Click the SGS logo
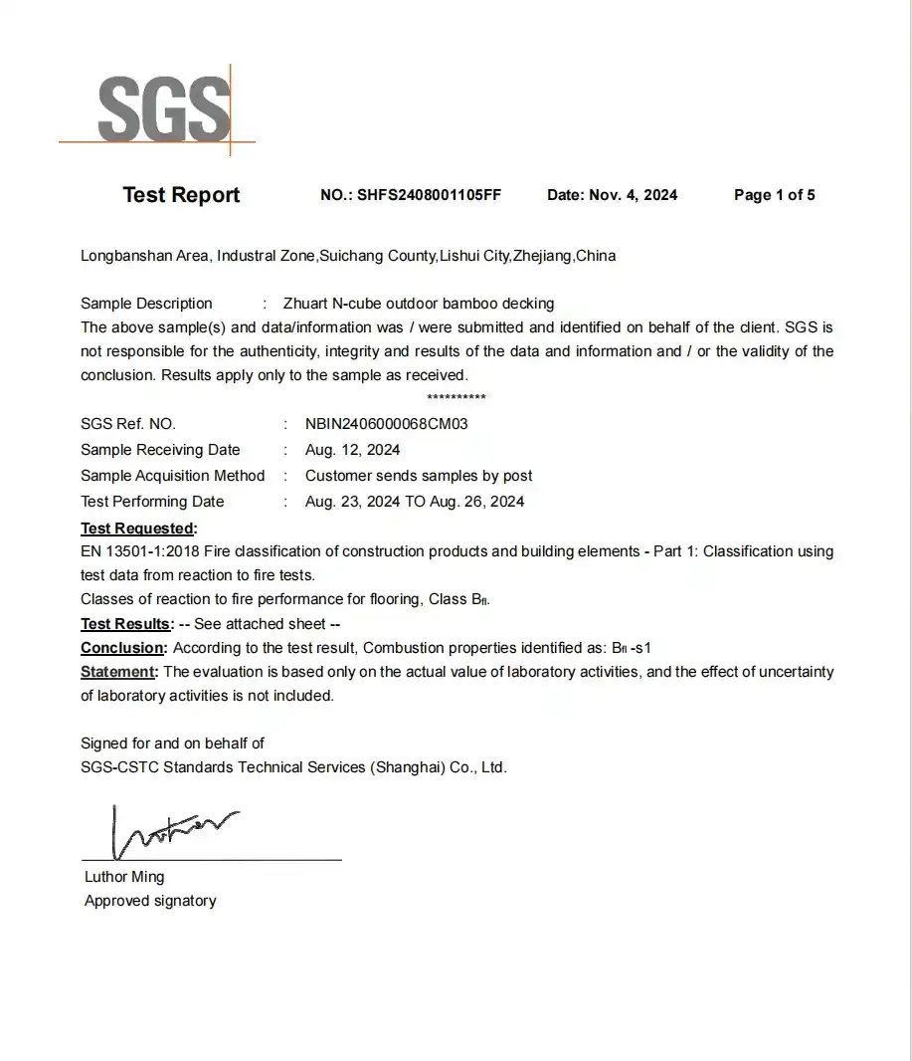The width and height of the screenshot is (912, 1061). click(163, 108)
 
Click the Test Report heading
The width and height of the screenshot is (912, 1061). click(181, 195)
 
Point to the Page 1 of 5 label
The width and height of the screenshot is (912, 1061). click(774, 195)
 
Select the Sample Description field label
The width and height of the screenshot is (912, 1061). click(146, 304)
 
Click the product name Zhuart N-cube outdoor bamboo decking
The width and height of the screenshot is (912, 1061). click(419, 304)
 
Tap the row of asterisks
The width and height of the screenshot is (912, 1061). click(456, 398)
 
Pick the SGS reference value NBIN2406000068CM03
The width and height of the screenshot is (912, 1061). click(386, 424)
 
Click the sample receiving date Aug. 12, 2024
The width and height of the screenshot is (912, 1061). click(353, 450)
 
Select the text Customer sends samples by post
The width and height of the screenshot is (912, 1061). click(419, 476)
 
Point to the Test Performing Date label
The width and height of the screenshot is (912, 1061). click(152, 502)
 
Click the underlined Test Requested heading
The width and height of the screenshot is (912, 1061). click(137, 528)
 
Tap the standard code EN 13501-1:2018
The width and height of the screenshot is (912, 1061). click(139, 551)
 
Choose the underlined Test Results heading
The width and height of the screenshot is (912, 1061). click(125, 624)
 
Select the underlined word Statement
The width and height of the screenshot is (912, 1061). click(119, 672)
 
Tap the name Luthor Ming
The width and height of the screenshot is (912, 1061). click(124, 877)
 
